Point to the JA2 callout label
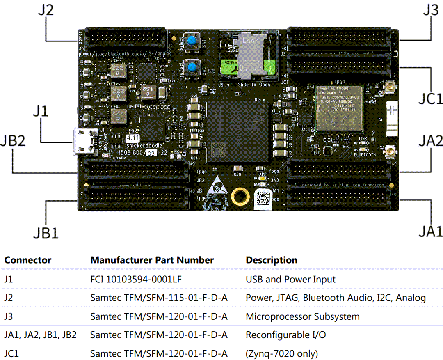click(x=430, y=141)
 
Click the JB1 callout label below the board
click(x=46, y=233)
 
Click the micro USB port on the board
click(x=82, y=142)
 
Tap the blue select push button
click(x=191, y=41)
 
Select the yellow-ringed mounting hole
click(x=240, y=197)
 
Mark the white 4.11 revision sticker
click(x=133, y=138)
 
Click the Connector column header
click(x=28, y=260)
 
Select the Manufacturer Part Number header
click(x=152, y=260)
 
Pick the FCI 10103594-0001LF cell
click(x=136, y=280)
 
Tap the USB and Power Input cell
click(x=290, y=280)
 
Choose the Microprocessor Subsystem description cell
click(x=303, y=316)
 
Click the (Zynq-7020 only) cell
click(x=282, y=353)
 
